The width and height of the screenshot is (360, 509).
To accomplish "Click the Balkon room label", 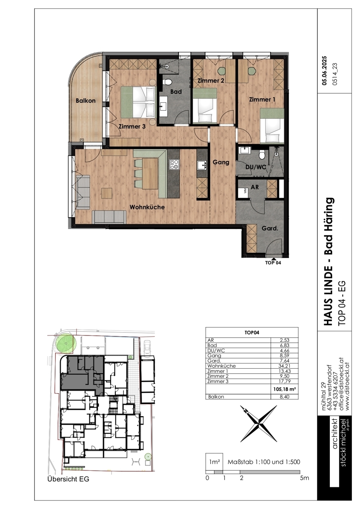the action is click(86, 101).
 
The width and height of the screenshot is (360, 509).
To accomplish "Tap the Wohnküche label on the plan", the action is click(147, 207).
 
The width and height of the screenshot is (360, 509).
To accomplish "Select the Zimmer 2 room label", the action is click(211, 81).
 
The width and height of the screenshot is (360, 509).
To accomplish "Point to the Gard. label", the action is click(270, 228).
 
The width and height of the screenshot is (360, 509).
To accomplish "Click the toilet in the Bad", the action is click(168, 82).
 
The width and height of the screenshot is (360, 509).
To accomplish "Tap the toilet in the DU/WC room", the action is click(262, 155).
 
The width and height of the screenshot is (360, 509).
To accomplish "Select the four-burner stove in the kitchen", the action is click(174, 164).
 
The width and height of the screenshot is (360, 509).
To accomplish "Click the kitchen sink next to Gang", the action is click(202, 165).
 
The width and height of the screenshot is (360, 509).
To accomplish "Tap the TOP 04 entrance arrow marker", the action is click(273, 259).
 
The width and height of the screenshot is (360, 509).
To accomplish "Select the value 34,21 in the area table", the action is click(285, 366).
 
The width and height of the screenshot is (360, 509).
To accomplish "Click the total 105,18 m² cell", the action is click(285, 389).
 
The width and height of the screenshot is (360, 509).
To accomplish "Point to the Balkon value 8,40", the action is click(285, 397).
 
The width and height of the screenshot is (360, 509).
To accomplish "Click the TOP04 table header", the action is click(251, 333).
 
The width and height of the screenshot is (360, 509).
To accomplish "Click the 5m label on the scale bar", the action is click(304, 478).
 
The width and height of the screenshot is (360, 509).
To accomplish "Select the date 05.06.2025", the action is click(324, 71).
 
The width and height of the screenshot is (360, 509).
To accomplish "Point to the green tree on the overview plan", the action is click(65, 343).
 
